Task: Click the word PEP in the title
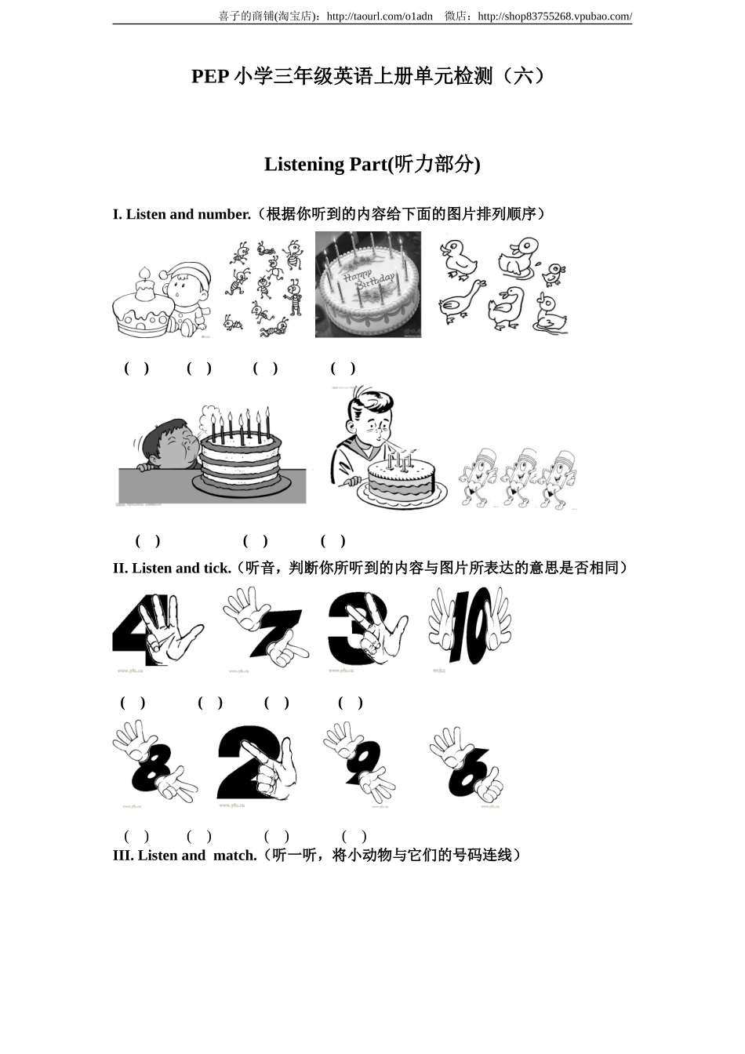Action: [209, 76]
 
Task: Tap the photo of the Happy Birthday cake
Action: [368, 285]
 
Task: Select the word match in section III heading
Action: [234, 856]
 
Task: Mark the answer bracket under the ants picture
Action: [199, 368]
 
